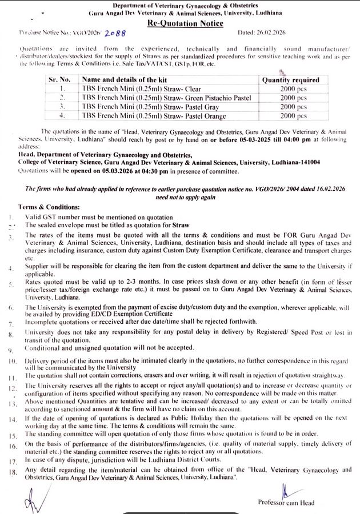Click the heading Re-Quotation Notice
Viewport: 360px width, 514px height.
pyautogui.click(x=185, y=23)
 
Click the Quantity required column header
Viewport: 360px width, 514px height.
pyautogui.click(x=290, y=80)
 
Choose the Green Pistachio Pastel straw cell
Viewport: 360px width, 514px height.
pyautogui.click(x=166, y=98)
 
